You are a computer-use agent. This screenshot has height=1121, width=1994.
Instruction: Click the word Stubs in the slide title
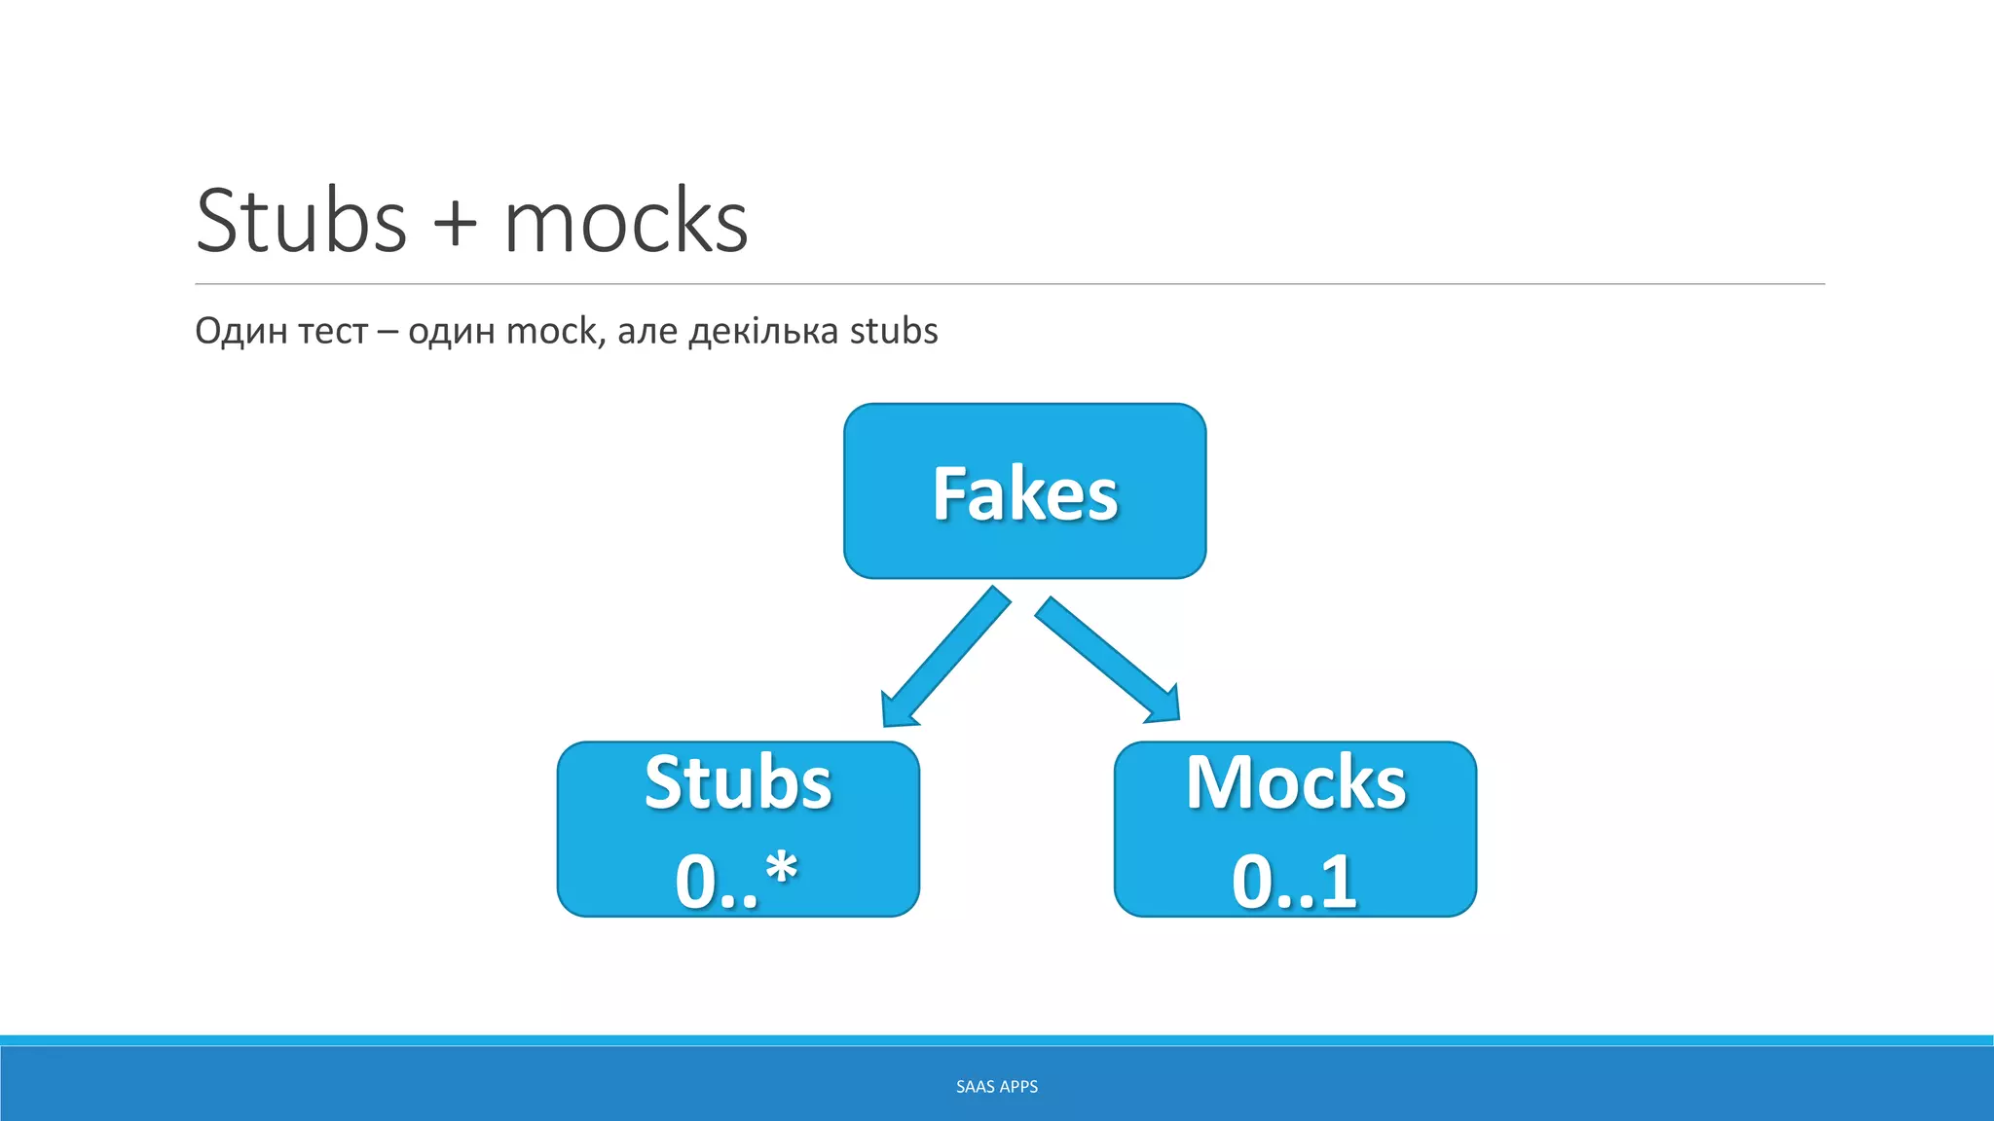tap(301, 221)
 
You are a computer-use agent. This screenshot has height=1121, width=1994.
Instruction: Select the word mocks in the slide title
tap(626, 221)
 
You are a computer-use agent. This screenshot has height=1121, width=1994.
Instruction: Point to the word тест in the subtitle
tap(333, 332)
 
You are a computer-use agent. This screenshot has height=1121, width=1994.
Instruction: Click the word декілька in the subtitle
tap(763, 332)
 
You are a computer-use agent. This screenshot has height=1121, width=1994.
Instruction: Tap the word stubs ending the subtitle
tap(894, 331)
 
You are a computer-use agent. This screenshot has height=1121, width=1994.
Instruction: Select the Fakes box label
tap(1025, 494)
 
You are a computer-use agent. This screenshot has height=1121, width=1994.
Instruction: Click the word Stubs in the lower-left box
tap(738, 782)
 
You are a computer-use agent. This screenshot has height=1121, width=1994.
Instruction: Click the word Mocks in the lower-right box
tap(1296, 782)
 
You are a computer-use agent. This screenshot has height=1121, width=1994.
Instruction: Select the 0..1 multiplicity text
tap(1294, 882)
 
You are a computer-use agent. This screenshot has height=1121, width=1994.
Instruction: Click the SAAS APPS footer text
tap(997, 1087)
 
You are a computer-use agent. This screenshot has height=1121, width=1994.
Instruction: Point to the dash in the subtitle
tap(388, 333)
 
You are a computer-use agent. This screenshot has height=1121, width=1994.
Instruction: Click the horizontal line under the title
tap(1010, 284)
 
